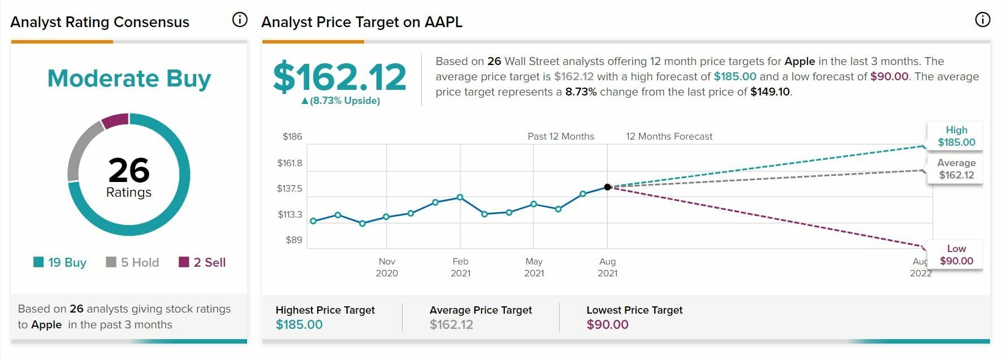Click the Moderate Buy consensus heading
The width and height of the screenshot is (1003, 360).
click(x=129, y=78)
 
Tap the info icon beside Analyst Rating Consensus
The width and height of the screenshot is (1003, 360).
click(x=240, y=20)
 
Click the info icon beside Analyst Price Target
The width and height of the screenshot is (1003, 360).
click(x=983, y=20)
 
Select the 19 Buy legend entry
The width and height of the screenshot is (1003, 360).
click(x=60, y=262)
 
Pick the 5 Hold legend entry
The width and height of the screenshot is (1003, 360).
click(x=133, y=262)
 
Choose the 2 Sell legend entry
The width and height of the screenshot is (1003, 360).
click(x=202, y=262)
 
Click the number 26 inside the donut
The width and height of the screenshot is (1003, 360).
click(x=129, y=170)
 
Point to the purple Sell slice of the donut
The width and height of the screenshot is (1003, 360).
click(x=116, y=120)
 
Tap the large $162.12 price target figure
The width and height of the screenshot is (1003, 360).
click(x=339, y=77)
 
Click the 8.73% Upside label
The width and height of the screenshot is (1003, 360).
click(x=340, y=101)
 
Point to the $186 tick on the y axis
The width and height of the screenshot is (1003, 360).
click(x=292, y=136)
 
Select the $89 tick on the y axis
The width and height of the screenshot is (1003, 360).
click(x=294, y=240)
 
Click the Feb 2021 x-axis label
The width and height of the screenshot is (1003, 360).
click(x=460, y=267)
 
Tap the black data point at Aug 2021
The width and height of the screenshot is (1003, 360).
click(x=607, y=187)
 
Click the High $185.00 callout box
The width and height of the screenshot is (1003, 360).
click(x=956, y=136)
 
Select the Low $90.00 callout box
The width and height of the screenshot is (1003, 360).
click(x=956, y=255)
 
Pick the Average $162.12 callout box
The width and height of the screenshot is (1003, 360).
click(x=956, y=169)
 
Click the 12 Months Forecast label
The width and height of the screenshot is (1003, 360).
click(x=669, y=136)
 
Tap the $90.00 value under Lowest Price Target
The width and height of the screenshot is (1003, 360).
click(x=607, y=324)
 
